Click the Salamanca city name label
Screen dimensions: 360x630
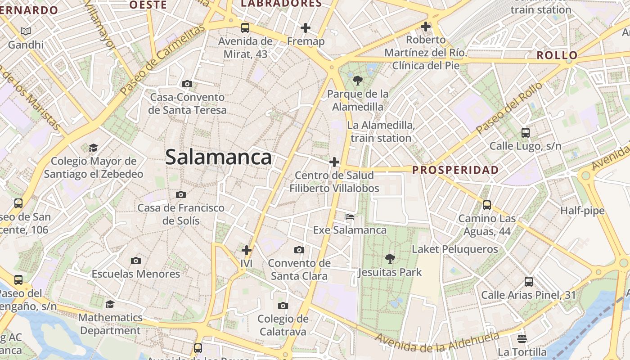218,157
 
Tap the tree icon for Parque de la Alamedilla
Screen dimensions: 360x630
358,81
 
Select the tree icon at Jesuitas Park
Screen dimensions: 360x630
390,259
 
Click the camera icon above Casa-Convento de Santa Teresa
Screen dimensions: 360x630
187,84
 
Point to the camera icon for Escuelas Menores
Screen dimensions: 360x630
136,261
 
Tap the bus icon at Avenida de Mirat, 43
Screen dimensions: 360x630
245,28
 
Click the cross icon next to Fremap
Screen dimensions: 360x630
306,28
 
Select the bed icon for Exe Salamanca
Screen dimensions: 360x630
350,217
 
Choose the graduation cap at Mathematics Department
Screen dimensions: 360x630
110,305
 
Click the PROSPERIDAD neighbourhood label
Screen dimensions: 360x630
455,170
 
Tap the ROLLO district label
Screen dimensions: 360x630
557,56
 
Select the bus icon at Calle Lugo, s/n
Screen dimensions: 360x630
526,132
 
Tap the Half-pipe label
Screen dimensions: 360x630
582,211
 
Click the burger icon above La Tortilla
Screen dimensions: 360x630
522,338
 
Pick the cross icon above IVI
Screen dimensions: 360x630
247,250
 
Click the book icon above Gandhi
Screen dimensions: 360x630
26,31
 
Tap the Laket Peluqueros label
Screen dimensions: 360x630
455,249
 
